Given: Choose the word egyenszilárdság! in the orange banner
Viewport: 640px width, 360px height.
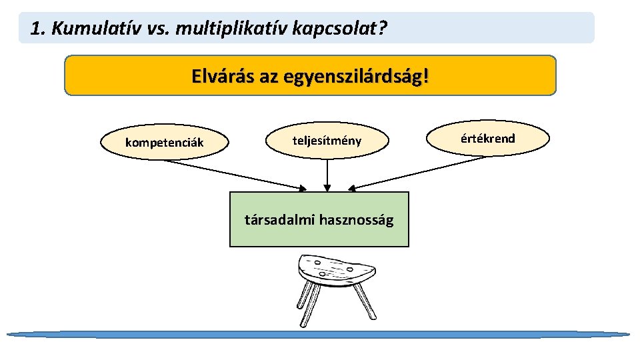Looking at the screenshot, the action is (357, 76).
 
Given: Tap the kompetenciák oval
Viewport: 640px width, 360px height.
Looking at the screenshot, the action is (165, 143).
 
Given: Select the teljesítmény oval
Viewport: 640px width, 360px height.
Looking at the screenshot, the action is (327, 140).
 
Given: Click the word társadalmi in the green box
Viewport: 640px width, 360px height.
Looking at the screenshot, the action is (280, 219).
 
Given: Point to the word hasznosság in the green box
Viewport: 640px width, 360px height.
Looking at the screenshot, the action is (357, 219).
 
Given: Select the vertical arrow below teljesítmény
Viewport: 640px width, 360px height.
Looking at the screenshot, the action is (327, 175).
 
